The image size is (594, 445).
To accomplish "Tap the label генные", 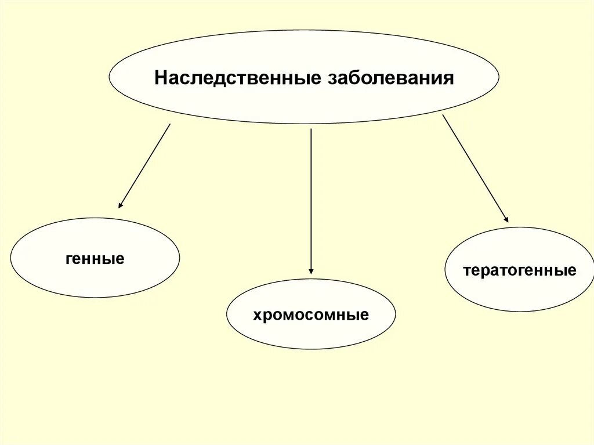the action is tap(95, 259).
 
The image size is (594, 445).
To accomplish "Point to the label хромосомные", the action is tap(311, 316).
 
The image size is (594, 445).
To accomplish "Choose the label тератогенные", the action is tap(520, 270).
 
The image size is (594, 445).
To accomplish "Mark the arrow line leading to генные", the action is tap(145, 165).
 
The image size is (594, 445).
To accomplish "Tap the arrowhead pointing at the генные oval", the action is tap(120, 205).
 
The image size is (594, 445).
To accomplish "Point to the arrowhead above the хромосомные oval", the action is tap(312, 270).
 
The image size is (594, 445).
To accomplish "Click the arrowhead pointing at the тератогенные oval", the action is tap(506, 220).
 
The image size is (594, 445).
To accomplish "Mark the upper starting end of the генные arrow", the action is tap(169, 125).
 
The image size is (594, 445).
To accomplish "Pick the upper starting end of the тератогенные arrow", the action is tap(444, 116).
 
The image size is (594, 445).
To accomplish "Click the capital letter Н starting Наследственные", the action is tap(160, 78).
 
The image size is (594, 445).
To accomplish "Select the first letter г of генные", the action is tap(69, 259).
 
